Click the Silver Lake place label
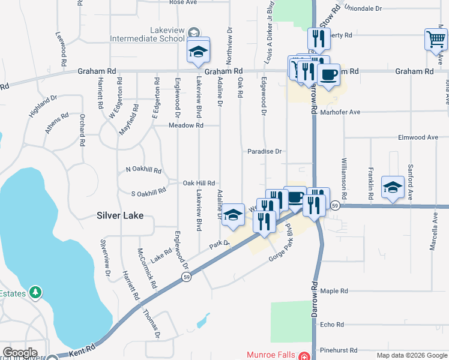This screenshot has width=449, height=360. click(x=121, y=215)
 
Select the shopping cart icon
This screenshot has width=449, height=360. click(x=435, y=40)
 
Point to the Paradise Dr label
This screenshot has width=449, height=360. click(x=265, y=152)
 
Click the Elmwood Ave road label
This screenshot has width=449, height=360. click(x=418, y=137)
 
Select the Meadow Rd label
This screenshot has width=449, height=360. click(x=186, y=125)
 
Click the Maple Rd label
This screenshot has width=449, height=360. click(x=334, y=291)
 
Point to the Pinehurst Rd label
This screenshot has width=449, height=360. click(x=339, y=350)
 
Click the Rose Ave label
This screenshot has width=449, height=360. click(x=183, y=2)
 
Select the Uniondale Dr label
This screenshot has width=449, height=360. click(x=361, y=9)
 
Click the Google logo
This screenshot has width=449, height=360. click(x=19, y=353)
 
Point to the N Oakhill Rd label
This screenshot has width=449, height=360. click(x=143, y=170)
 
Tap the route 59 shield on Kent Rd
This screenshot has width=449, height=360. click(x=186, y=277)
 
